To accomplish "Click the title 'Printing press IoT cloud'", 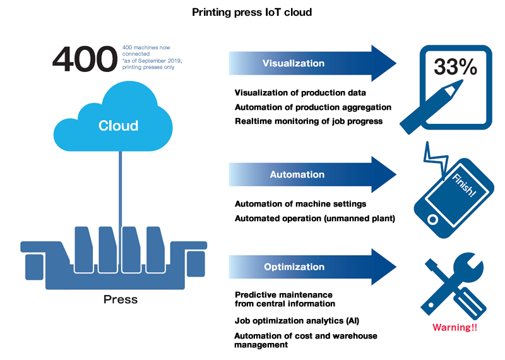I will point(252,12).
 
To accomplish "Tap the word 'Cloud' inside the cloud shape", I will point(118,126).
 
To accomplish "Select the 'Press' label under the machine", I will point(120,299).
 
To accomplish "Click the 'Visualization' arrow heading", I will point(294,63).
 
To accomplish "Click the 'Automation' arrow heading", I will point(297,174).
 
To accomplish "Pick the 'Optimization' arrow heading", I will point(294,267).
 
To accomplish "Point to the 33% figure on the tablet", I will point(455,68).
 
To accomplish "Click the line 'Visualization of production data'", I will point(300,92).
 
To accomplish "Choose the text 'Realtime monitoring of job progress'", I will point(309,121).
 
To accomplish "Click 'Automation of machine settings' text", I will point(300,204).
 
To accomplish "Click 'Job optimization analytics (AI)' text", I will point(297,321).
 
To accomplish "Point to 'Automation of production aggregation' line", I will point(313,107).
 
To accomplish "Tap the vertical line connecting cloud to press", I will point(118,189).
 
